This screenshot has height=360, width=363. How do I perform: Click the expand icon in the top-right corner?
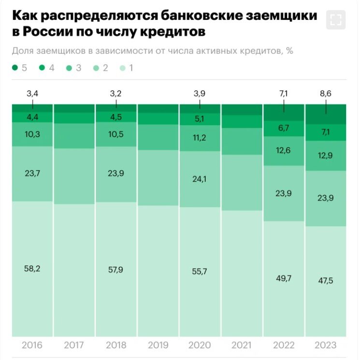click(336, 20)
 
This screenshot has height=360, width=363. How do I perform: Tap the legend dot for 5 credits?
click(15, 68)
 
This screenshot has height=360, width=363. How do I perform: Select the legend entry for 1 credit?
click(123, 68)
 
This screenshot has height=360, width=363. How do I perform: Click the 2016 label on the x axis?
click(32, 345)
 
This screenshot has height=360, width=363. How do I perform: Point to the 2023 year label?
click(325, 345)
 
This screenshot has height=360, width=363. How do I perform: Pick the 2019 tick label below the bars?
click(158, 345)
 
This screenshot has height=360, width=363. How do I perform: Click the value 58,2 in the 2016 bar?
click(32, 269)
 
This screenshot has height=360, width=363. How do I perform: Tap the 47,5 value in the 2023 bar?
click(325, 281)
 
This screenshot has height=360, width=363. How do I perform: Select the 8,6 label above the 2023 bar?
click(325, 94)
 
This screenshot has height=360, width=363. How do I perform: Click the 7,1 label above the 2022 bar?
click(284, 94)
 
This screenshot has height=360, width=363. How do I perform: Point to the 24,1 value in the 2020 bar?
click(200, 179)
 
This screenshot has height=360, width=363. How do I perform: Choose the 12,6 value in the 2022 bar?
click(284, 150)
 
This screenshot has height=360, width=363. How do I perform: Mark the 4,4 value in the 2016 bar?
click(32, 116)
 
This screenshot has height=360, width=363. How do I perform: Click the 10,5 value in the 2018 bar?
click(116, 134)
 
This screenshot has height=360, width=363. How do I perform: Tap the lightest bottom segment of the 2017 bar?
click(74, 271)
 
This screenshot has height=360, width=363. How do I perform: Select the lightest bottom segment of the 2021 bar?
click(242, 273)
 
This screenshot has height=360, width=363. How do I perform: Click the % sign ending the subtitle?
click(290, 51)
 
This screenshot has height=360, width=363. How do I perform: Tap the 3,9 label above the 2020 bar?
click(200, 94)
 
